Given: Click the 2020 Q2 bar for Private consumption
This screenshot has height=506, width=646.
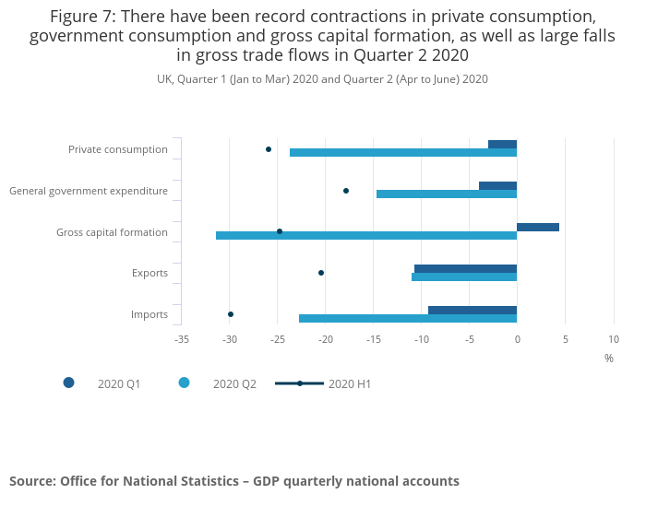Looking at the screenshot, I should [402, 153].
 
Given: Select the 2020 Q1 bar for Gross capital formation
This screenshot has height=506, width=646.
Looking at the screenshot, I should [537, 227].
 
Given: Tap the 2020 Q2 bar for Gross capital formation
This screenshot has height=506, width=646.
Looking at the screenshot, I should [365, 236].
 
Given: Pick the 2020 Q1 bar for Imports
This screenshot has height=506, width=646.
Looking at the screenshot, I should [472, 310].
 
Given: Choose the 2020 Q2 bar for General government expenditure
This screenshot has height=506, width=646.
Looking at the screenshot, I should [446, 194].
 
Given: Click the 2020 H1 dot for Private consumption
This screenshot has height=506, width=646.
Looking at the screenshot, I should [269, 149].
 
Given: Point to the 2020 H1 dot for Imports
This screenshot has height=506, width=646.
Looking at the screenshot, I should [231, 314].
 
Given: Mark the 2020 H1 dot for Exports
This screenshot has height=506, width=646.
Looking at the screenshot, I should [321, 273].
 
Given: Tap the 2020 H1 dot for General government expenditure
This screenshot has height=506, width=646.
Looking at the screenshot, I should [346, 191].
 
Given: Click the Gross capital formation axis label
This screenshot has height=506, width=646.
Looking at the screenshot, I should [112, 232].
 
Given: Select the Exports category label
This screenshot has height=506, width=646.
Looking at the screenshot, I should [150, 274].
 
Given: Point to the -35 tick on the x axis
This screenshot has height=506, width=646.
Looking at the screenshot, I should [182, 339].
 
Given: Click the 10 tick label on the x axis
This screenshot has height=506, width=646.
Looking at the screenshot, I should [614, 339].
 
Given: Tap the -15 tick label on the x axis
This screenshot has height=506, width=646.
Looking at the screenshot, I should [374, 339].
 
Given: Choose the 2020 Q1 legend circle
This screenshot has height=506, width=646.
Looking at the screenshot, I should [69, 382].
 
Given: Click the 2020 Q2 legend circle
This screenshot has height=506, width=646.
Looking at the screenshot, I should [185, 382].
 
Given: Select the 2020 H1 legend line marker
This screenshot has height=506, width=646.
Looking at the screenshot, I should [299, 382].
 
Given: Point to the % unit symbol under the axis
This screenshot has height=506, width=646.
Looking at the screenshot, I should [609, 358].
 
